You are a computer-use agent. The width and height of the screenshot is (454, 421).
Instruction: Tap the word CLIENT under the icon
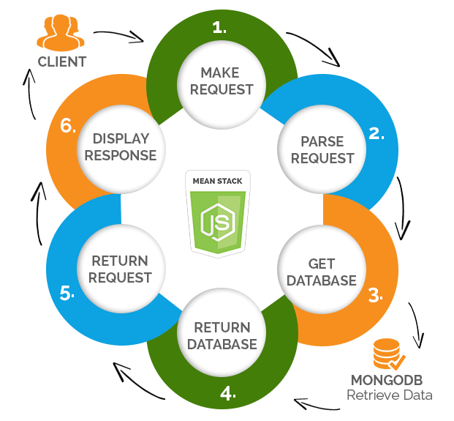tap(62, 62)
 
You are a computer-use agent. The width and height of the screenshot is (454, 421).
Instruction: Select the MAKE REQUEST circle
tap(227, 81)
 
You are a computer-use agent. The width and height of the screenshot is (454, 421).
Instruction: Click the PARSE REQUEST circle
tap(327, 149)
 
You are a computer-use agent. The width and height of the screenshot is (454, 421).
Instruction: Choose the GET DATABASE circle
tap(321, 272)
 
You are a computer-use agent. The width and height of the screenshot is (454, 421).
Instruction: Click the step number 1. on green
tap(219, 28)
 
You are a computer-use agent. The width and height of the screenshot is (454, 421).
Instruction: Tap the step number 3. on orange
tap(375, 296)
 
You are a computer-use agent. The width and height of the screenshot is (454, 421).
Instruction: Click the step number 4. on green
tap(228, 393)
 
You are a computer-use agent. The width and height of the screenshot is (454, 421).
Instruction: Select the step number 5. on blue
tap(68, 294)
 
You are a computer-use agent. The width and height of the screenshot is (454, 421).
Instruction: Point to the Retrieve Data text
tap(389, 396)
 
